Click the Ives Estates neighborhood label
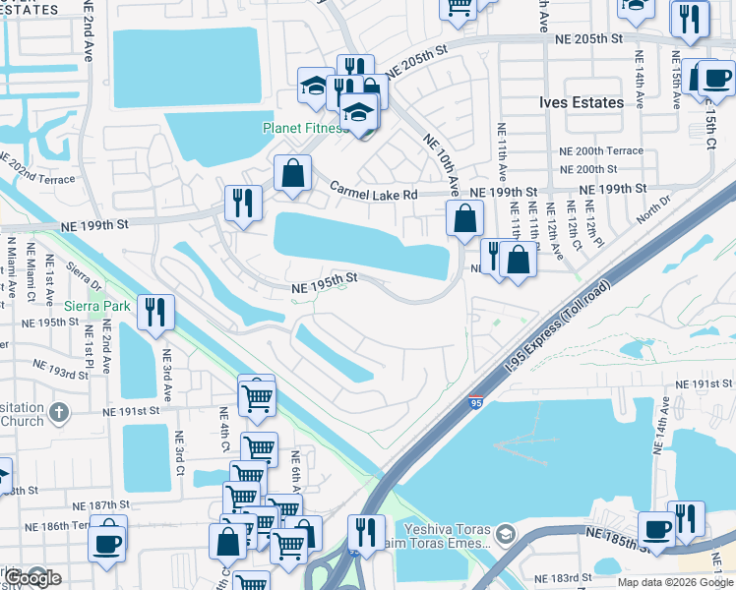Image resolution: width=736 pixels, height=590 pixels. (581, 102)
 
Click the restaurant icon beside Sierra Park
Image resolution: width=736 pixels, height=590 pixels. (155, 313)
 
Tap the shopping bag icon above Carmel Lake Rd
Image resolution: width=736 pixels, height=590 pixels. (292, 174)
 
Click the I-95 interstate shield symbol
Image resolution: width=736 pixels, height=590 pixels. (475, 402)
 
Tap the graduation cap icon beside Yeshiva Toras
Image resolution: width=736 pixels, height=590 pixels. (505, 534)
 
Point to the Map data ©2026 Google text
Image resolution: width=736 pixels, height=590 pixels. (674, 581)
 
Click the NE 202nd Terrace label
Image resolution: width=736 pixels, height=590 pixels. (36, 169)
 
